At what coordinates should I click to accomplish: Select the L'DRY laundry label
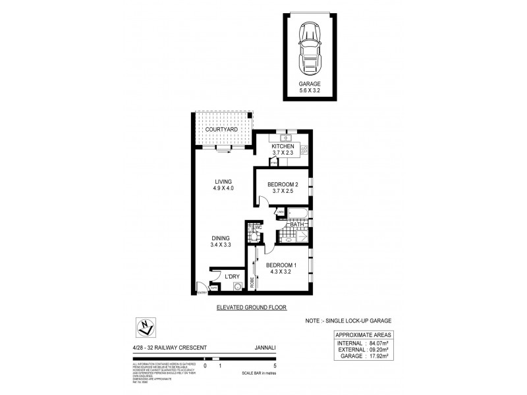[x=231, y=277]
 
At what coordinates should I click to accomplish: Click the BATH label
[x=298, y=224]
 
